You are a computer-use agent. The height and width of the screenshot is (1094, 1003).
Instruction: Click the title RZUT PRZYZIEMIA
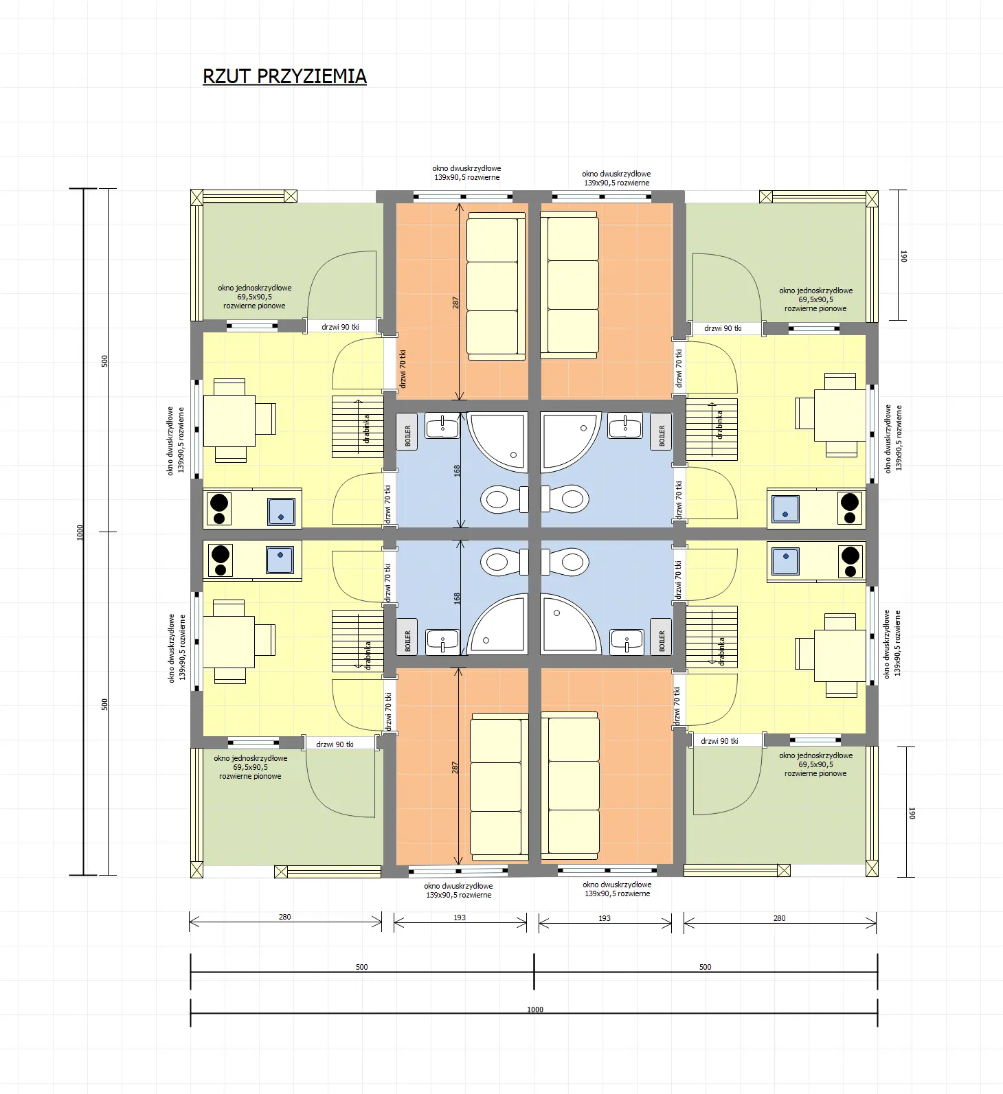click(284, 76)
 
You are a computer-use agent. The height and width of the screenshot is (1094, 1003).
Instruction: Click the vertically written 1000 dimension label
click(80, 532)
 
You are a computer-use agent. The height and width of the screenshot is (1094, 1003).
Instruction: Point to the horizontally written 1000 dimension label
click(534, 1010)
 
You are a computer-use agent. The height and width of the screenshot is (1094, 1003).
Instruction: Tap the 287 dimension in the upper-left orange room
click(455, 302)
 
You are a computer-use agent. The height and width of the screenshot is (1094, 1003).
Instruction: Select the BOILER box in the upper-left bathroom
click(407, 432)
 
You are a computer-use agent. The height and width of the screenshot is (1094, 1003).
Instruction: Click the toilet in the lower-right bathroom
click(567, 562)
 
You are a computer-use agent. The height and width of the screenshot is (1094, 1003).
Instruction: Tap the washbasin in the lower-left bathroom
click(442, 641)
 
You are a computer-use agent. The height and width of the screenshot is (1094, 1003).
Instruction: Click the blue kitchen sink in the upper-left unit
click(281, 511)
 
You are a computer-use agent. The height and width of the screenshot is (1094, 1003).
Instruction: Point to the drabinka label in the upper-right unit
click(719, 425)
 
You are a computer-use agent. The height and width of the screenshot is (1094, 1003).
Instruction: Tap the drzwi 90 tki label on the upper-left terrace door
click(340, 327)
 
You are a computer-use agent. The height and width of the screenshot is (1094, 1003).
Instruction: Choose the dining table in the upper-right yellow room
click(839, 415)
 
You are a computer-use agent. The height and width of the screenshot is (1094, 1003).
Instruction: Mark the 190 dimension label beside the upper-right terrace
click(903, 255)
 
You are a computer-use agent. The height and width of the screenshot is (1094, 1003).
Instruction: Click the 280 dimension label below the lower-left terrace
click(284, 917)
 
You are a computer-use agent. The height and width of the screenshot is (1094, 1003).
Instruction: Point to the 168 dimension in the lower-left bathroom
click(457, 598)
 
